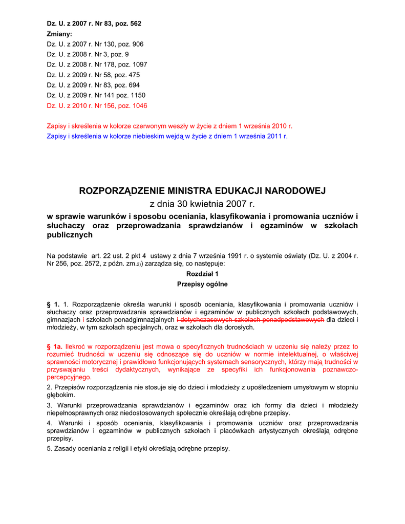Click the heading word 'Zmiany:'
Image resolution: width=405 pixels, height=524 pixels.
pyautogui.click(x=59, y=34)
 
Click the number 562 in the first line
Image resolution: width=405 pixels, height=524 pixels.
pyautogui.click(x=133, y=24)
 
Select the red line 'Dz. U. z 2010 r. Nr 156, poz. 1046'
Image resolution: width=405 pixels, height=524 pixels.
pyautogui.click(x=97, y=105)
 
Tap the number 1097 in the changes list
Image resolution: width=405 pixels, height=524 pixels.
pyautogui.click(x=139, y=64)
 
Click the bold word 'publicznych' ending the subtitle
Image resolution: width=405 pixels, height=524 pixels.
pyautogui.click(x=70, y=235)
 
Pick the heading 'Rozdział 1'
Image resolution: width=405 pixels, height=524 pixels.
pyautogui.click(x=202, y=274)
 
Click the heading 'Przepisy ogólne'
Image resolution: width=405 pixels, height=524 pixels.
pyautogui.click(x=202, y=284)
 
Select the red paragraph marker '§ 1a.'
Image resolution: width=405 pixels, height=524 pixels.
pyautogui.click(x=54, y=346)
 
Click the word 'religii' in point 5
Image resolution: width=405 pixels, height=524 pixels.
pyautogui.click(x=121, y=449)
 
